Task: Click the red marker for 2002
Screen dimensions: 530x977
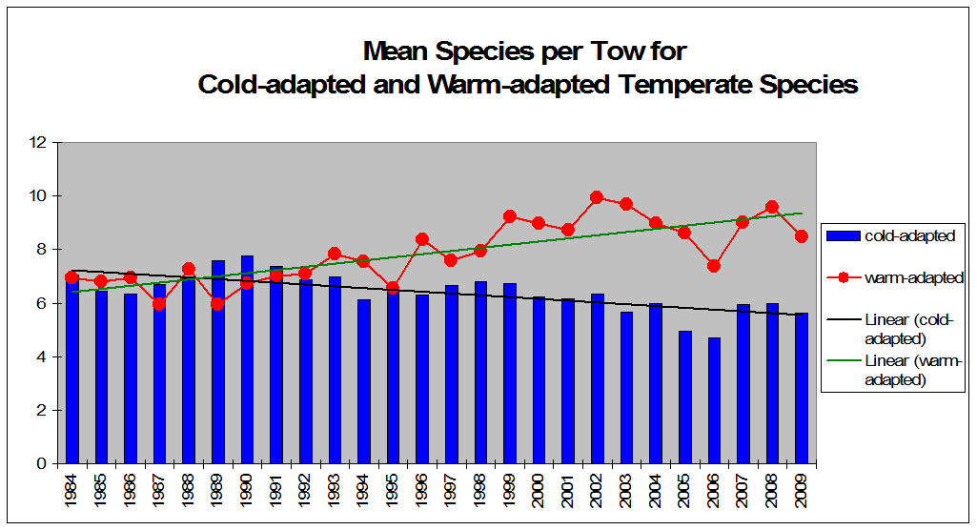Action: (x=597, y=197)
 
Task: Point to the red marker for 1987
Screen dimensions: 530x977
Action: (x=159, y=304)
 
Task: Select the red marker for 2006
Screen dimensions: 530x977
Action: (x=714, y=266)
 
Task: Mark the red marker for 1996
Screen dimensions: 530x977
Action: (x=422, y=239)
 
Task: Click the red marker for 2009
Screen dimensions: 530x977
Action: (x=802, y=236)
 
